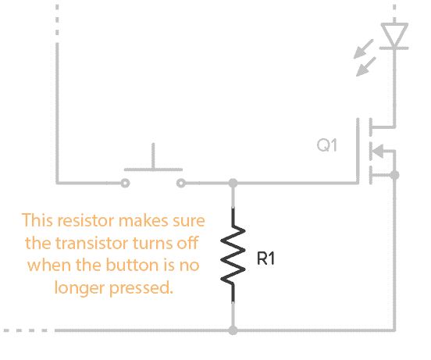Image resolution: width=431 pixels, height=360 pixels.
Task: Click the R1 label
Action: coord(266,259)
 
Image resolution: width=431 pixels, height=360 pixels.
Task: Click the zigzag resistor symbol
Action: coord(233,255)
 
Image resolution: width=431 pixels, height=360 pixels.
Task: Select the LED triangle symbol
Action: coord(395,35)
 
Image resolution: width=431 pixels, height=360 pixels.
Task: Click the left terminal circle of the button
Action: coord(125,184)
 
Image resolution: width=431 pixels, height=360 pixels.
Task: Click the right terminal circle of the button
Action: coord(181,184)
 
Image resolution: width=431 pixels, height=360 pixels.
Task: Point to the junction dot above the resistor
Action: coord(233,184)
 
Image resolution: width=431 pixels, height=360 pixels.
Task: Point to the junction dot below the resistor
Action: coord(233,330)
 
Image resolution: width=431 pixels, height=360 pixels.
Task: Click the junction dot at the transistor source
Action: coord(395,176)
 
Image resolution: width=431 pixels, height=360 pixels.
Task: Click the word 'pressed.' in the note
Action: coord(141,287)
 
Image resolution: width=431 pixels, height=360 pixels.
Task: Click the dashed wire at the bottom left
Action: coord(23,330)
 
